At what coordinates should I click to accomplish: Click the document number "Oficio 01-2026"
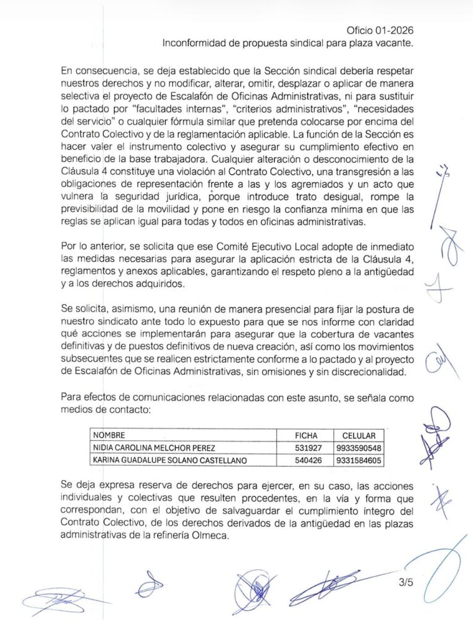380,30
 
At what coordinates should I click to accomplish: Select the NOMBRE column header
109,435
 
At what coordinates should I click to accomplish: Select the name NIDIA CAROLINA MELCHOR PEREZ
155,448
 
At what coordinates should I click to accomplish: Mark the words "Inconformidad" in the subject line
195,43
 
